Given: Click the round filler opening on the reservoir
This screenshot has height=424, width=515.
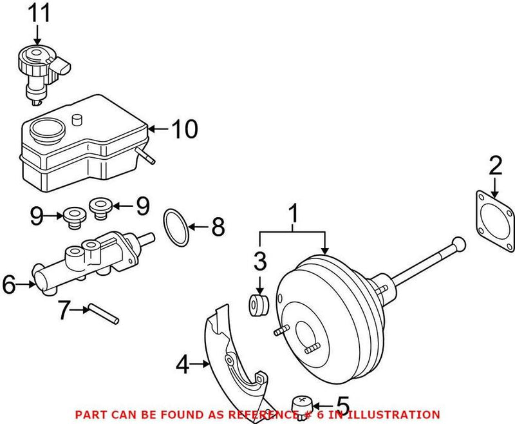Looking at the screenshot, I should coord(44,131).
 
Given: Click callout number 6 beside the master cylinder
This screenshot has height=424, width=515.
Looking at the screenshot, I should coord(9,284).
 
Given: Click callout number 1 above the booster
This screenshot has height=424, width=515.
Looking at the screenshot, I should coord(294,212).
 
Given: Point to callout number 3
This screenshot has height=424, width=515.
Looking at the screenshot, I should coord(259,261).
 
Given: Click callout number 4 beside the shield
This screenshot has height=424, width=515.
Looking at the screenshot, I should coord(183,365).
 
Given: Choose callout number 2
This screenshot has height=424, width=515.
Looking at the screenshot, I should coord(494,167).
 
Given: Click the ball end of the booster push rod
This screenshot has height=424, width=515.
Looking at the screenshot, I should coord(458,243).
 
